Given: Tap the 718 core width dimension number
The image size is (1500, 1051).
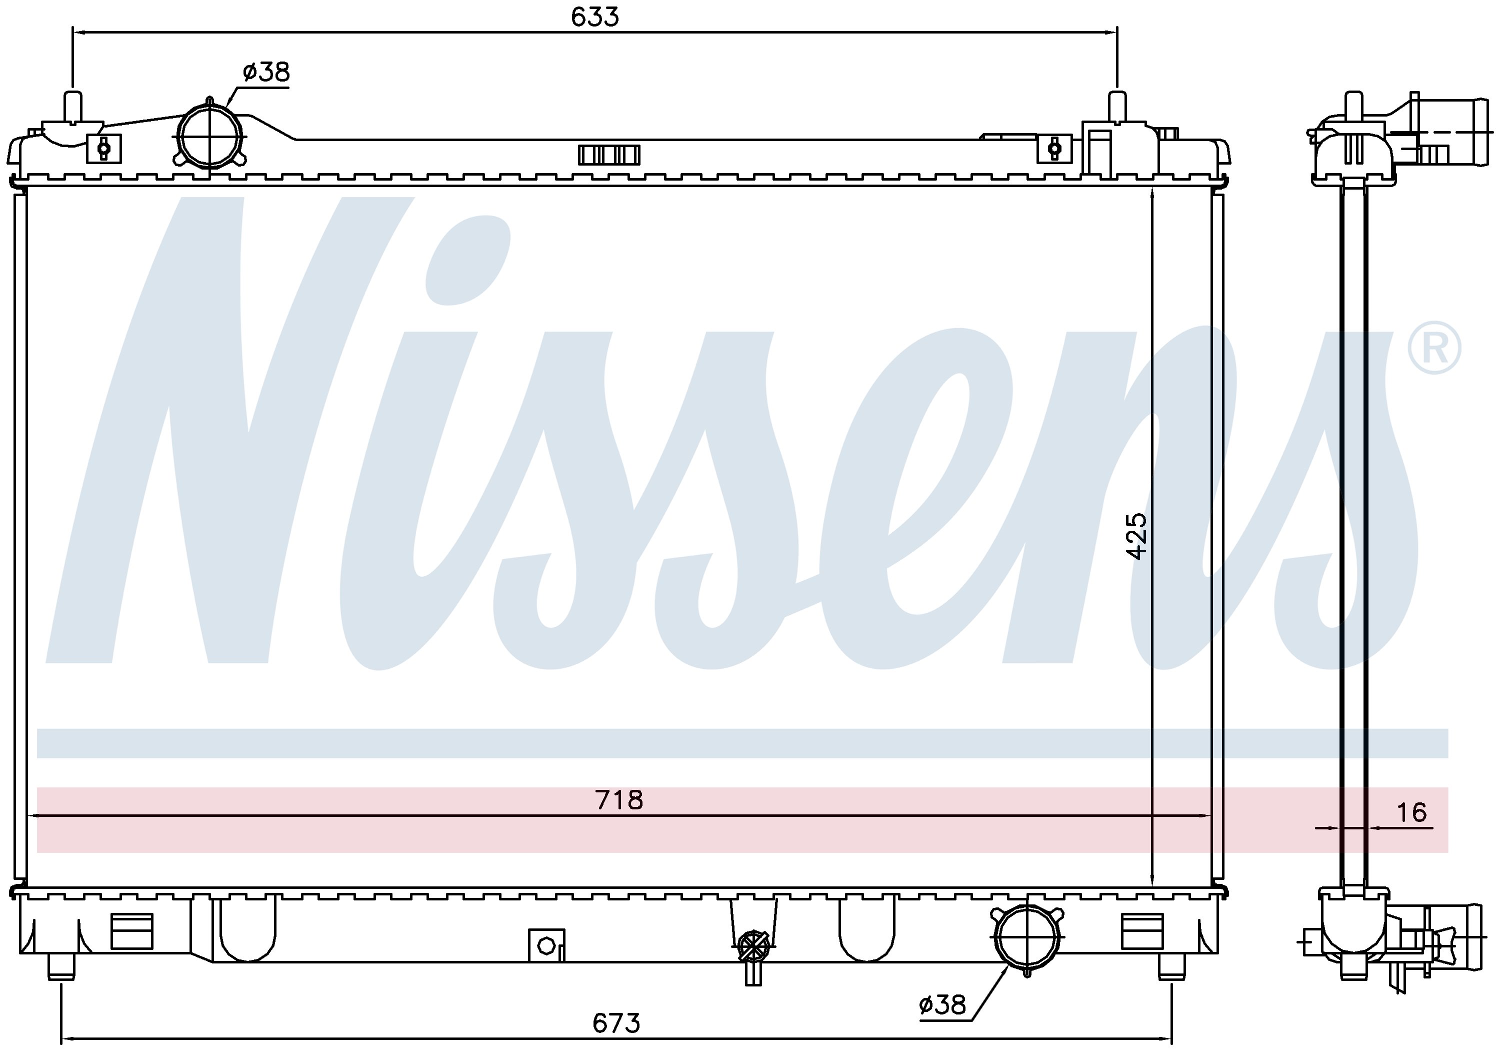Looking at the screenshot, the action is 618,800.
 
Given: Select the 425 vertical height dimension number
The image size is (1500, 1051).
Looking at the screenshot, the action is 1137,536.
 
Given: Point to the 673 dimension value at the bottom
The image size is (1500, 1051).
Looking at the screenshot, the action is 616,1023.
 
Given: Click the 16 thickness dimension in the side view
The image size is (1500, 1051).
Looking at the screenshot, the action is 1412,812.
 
